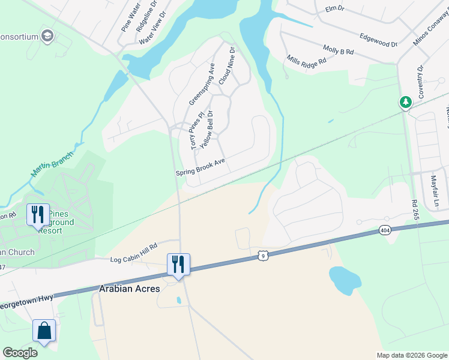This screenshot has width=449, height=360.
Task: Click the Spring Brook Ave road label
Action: pyautogui.click(x=200, y=167)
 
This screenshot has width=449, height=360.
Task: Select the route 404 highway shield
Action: pyautogui.click(x=385, y=230)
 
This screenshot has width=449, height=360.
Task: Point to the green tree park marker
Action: pyautogui.click(x=406, y=102)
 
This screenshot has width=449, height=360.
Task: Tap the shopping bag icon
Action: pyautogui.click(x=44, y=330)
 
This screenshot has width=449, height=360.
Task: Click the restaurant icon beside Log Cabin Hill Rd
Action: pyautogui.click(x=178, y=264)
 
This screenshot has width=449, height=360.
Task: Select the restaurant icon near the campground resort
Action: pyautogui.click(x=37, y=214)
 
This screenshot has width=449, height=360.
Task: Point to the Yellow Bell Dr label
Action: pyautogui.click(x=206, y=130)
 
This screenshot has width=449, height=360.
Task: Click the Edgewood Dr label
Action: pyautogui.click(x=378, y=40)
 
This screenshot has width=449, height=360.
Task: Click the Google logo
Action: pyautogui.click(x=20, y=353)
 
